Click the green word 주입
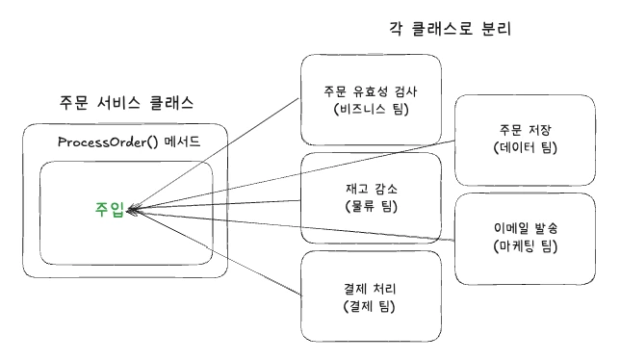(109, 210)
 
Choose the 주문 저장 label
(521, 130)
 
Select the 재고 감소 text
(372, 188)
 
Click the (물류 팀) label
(372, 206)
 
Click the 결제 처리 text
(372, 288)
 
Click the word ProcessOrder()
(94, 143)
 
